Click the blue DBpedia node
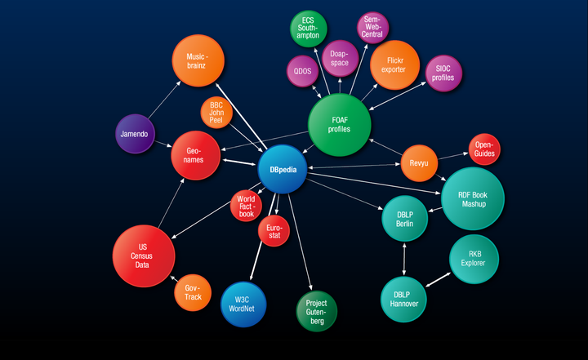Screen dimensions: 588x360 tap(283, 169)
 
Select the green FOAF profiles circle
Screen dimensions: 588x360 tap(340, 125)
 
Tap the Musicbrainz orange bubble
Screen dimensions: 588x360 tap(198, 60)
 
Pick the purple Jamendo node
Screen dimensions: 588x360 tap(135, 134)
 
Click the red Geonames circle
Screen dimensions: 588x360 tap(195, 155)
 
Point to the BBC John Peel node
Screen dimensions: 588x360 tap(216, 113)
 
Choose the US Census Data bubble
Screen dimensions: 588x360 tap(144, 256)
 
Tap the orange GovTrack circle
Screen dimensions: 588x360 tap(193, 292)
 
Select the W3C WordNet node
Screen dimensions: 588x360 tap(243, 304)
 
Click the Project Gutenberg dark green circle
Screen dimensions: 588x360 tap(317, 311)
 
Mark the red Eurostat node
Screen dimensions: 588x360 tap(274, 231)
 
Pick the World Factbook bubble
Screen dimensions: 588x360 tap(246, 207)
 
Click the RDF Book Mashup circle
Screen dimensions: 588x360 tap(473, 198)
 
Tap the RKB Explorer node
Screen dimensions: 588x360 tap(474, 259)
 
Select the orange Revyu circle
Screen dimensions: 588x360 tap(419, 163)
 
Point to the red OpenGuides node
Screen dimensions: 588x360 tap(484, 149)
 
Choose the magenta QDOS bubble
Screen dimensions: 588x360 tap(303, 71)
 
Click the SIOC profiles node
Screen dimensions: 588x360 tap(443, 73)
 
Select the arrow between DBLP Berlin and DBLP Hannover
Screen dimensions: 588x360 tap(404, 259)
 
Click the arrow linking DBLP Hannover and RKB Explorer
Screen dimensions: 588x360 tap(439, 279)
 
